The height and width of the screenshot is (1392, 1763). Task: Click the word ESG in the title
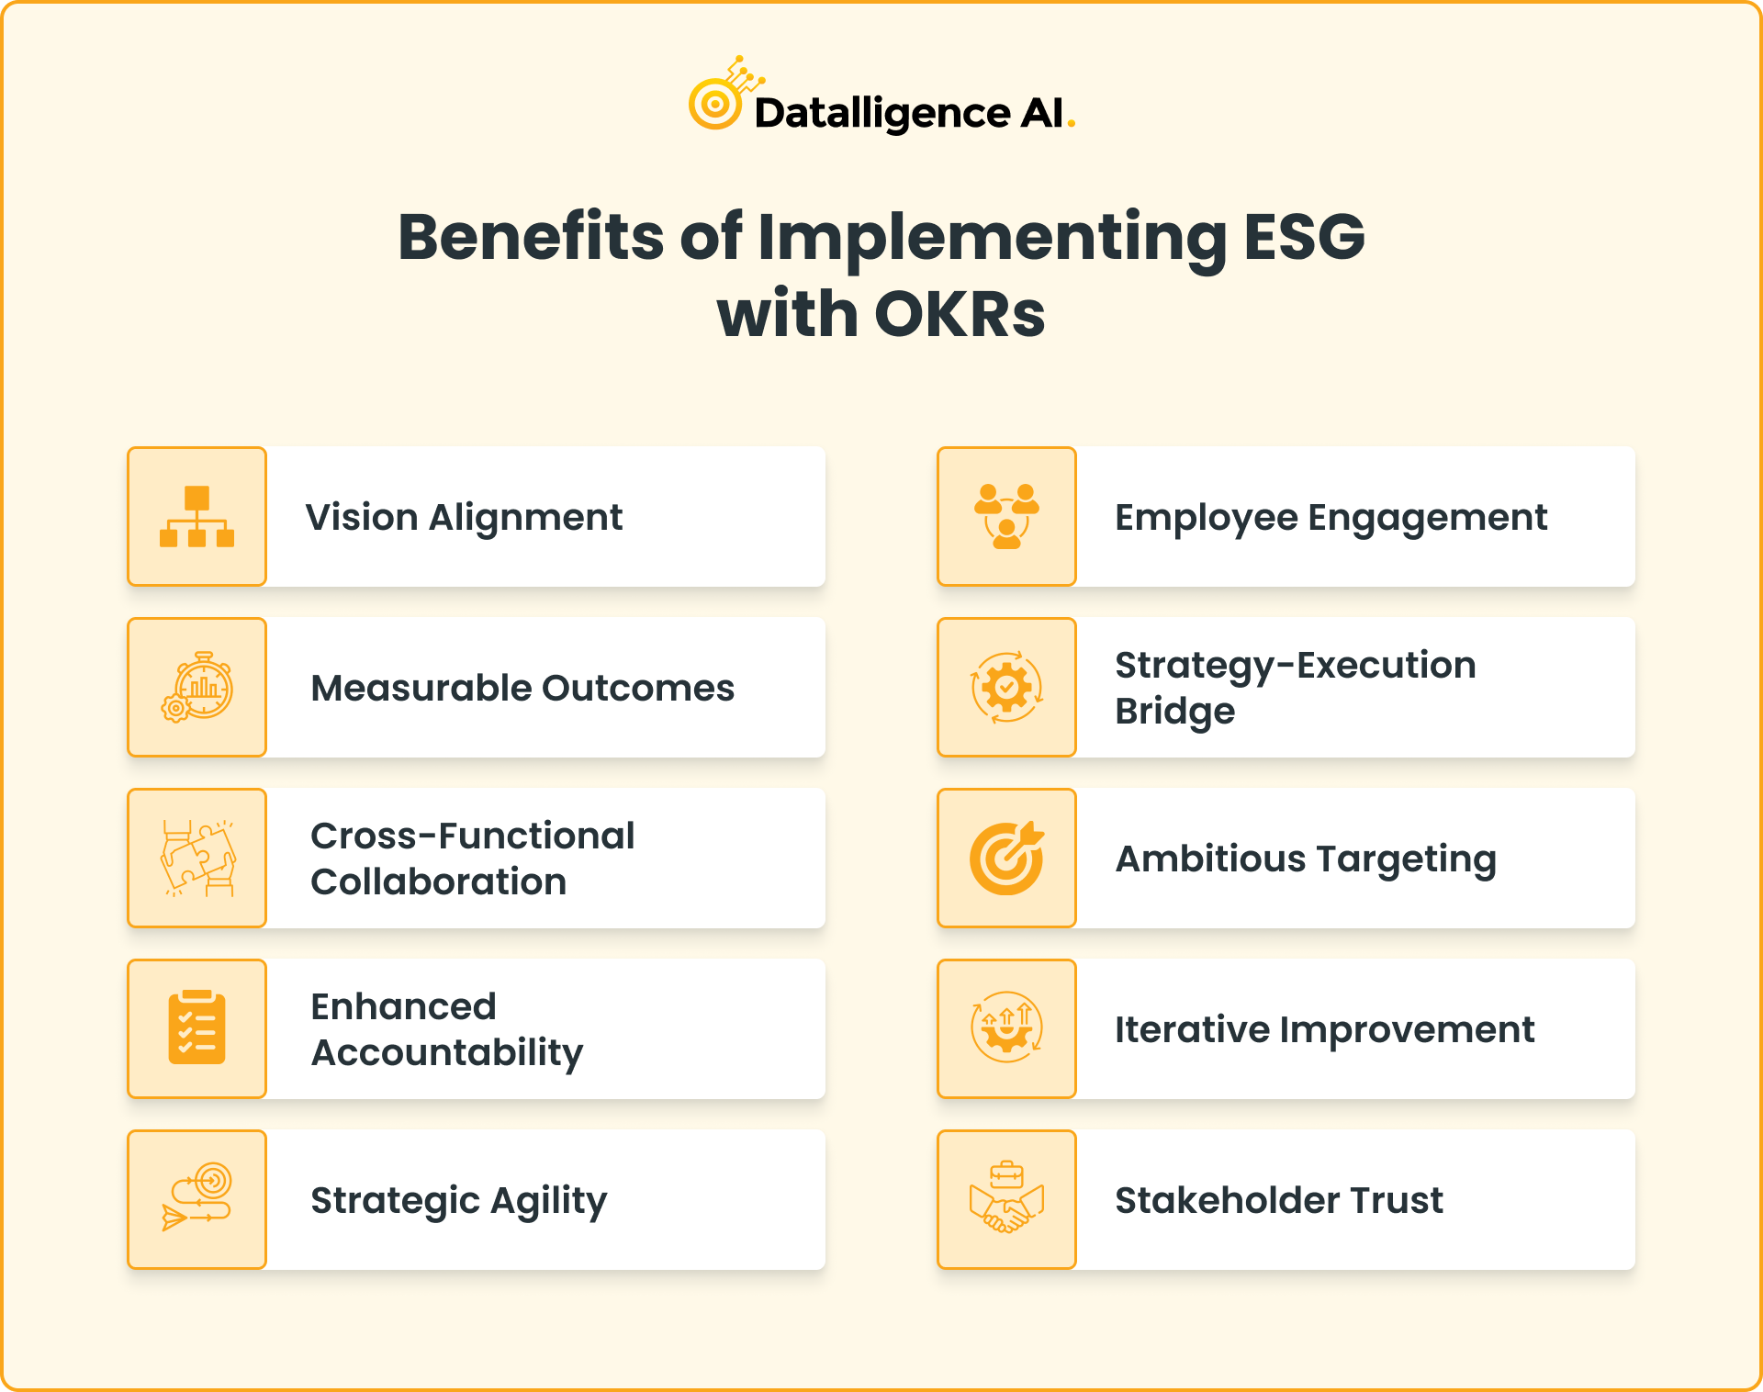pos(1304,237)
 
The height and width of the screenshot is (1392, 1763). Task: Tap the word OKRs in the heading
pos(960,315)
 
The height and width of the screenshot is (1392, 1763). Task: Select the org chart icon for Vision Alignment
pos(197,517)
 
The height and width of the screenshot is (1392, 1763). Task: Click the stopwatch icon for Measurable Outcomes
pos(198,688)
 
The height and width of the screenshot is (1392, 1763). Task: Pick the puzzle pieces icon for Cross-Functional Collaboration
pos(198,859)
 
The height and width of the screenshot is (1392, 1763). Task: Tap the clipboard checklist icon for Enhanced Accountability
pos(197,1028)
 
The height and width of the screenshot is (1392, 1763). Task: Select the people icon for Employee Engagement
pos(1006,517)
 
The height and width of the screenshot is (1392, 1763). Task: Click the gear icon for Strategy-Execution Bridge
pos(1006,688)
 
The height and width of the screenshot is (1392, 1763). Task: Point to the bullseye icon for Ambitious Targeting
pos(1006,859)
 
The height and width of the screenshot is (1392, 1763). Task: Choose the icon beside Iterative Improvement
pos(1006,1028)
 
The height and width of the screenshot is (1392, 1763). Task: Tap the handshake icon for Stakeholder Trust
pos(1006,1200)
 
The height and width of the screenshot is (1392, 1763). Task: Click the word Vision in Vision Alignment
pos(362,518)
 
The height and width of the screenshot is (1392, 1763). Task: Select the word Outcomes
pos(638,689)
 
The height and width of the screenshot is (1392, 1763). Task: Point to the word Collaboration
pos(439,882)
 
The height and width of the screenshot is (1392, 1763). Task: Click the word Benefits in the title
pos(531,237)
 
